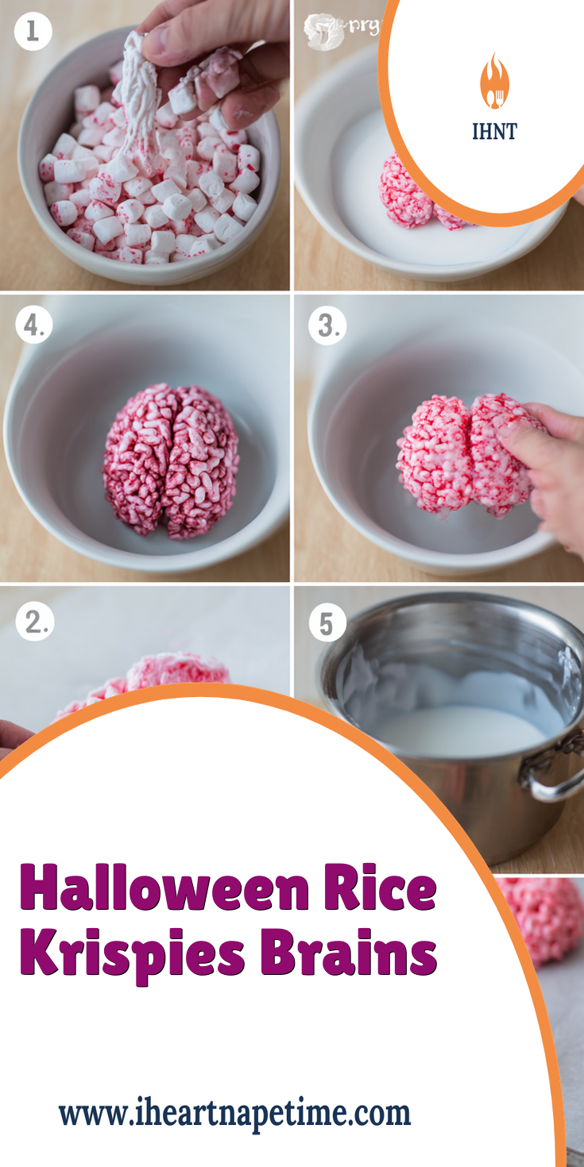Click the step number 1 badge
[33, 31]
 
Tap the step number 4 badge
[33, 325]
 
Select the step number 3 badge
[327, 325]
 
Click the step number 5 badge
[327, 623]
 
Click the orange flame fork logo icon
[493, 82]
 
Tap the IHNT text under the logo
[493, 131]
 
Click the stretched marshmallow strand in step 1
[139, 95]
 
